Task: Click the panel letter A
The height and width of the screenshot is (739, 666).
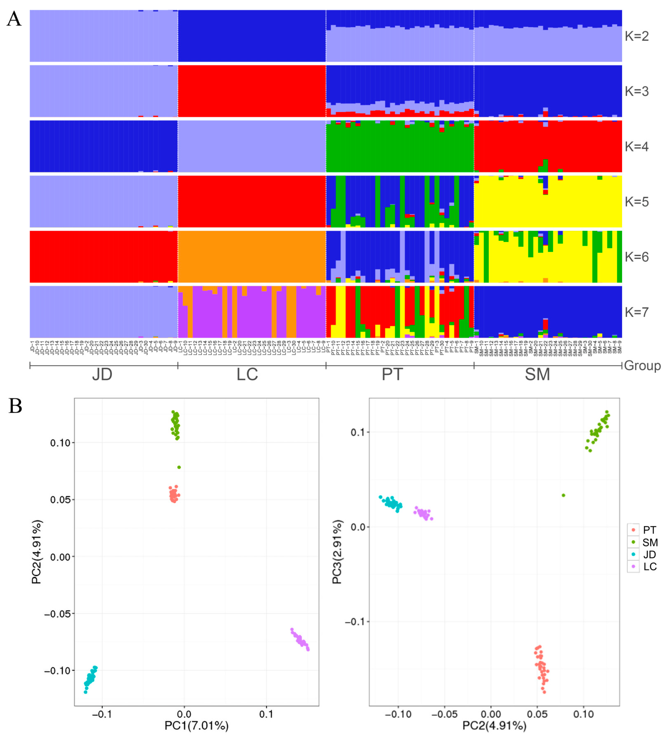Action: [x=14, y=19]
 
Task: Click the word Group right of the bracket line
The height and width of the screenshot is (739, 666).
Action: [x=642, y=365]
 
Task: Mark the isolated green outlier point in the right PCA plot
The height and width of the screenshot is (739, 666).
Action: [x=564, y=495]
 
